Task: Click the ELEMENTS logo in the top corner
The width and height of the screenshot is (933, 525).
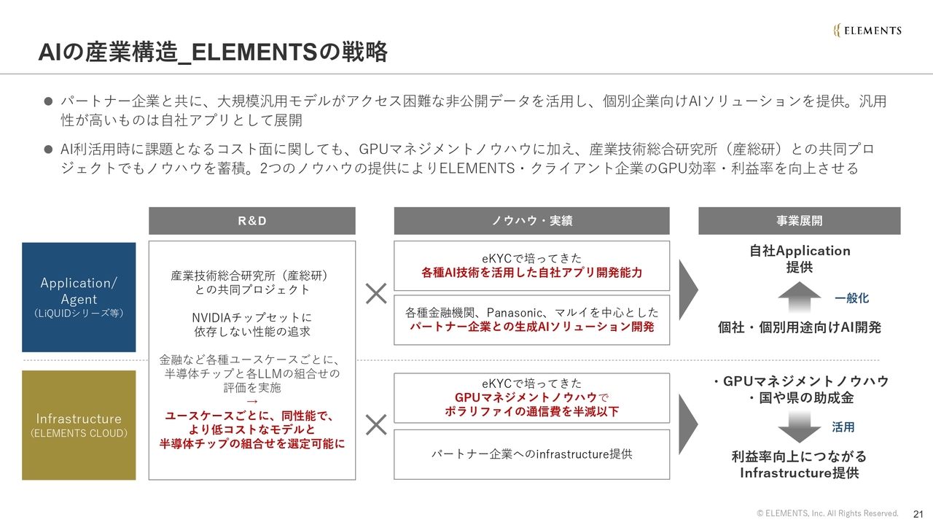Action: (x=867, y=30)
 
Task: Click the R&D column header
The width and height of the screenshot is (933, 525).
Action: (x=252, y=221)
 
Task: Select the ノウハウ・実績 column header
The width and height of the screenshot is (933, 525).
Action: (x=531, y=221)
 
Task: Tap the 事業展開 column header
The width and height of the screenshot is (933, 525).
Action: (x=799, y=221)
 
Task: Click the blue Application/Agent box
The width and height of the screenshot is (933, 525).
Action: (x=79, y=297)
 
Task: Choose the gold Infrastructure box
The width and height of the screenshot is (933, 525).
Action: (x=79, y=425)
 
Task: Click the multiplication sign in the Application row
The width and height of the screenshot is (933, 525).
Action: (x=376, y=294)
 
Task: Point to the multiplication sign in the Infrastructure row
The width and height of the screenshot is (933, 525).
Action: (x=376, y=424)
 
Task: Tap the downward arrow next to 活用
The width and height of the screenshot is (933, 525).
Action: (x=800, y=427)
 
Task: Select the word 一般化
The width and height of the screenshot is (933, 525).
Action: (x=851, y=298)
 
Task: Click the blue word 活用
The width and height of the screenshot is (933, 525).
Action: (x=843, y=427)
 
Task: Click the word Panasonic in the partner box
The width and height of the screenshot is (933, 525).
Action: (x=515, y=312)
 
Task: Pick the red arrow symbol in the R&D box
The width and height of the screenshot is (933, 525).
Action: (x=252, y=402)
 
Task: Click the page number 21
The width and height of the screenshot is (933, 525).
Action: (x=918, y=513)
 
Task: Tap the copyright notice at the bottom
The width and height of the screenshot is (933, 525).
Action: (x=827, y=513)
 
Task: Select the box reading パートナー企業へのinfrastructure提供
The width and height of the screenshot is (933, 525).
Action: (x=531, y=454)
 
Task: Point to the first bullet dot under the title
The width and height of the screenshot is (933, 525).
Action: (x=49, y=101)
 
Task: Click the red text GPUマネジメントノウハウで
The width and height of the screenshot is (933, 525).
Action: (x=531, y=397)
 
